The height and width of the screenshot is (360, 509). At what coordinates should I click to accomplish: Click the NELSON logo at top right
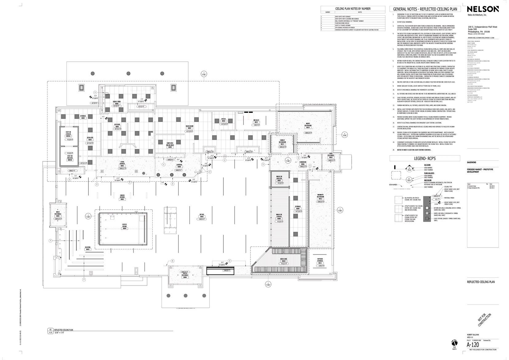pos(483,9)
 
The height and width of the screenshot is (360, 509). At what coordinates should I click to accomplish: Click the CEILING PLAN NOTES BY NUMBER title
pos(353,9)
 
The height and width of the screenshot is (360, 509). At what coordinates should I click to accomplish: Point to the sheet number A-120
pos(473,345)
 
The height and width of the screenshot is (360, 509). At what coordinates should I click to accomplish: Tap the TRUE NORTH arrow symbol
pos(454,343)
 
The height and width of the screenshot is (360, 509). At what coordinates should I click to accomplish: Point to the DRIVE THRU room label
pos(117,103)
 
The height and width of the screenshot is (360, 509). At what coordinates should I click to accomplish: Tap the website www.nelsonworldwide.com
pos(481,38)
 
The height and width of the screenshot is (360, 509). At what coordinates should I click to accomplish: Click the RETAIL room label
pos(202,216)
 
